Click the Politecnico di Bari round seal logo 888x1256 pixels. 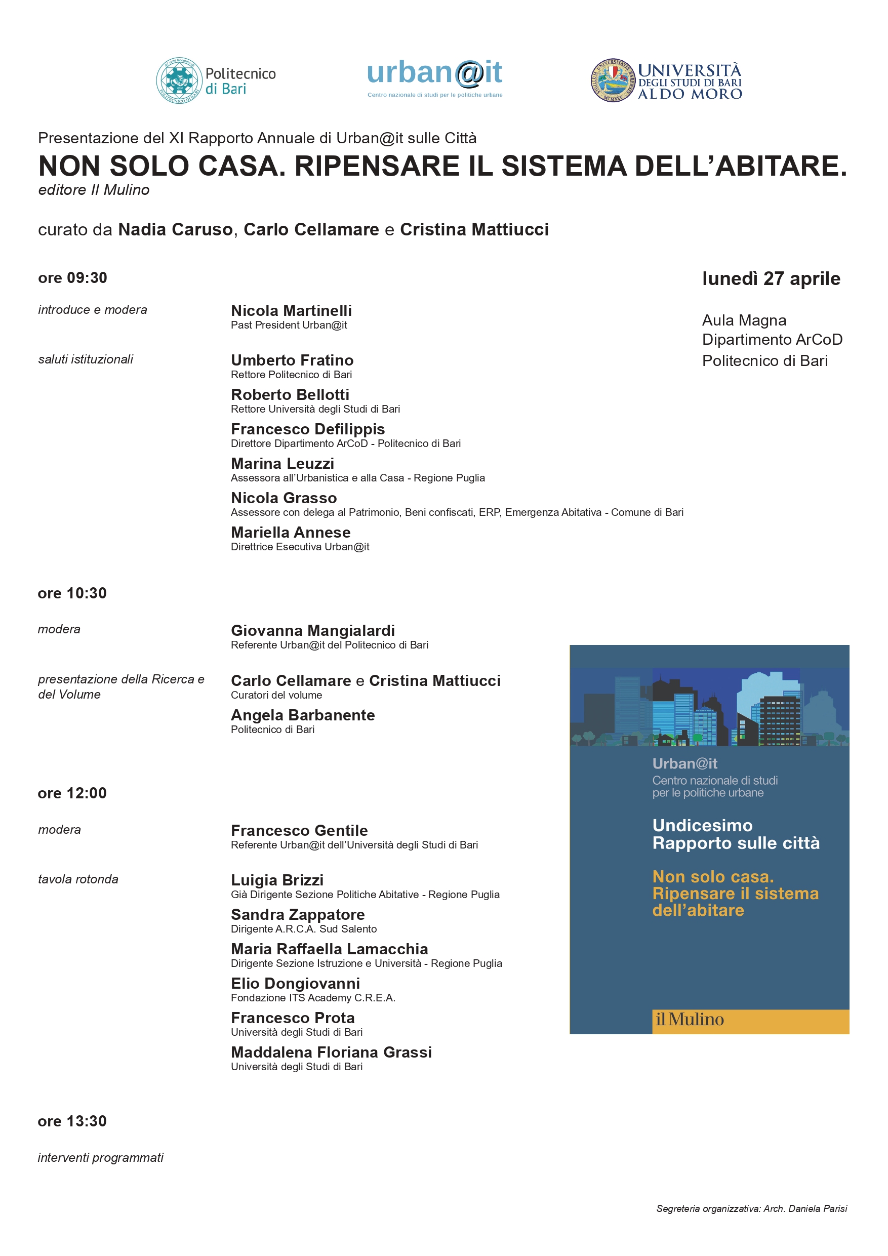tap(179, 81)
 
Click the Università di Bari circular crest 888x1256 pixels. tap(612, 81)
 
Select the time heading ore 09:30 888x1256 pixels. tap(72, 278)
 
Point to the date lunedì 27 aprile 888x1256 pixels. tap(771, 278)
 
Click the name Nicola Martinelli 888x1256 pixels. tap(291, 311)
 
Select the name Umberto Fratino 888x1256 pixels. tap(292, 360)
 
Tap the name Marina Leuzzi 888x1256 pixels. tap(282, 464)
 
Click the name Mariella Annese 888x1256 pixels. tap(291, 533)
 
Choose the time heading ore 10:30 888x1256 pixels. tap(72, 593)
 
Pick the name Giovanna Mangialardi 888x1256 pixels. tap(312, 631)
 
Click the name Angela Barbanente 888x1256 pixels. tap(303, 715)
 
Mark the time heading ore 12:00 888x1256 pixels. tap(72, 793)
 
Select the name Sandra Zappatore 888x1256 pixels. tap(298, 915)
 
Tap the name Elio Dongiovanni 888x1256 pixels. tap(296, 984)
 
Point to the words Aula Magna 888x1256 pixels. tap(744, 320)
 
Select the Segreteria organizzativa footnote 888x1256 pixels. tap(751, 1208)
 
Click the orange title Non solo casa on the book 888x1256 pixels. tap(713, 877)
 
